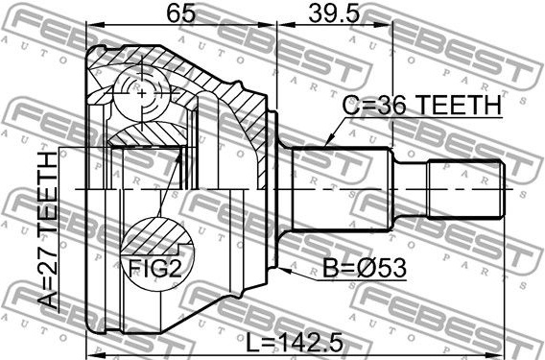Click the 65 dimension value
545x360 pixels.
pos(181,12)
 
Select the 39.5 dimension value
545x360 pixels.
pos(334,12)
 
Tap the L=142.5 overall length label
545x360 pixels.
pos(295,342)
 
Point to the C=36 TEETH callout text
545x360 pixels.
pos(422,106)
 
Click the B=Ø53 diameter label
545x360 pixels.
pos(365,269)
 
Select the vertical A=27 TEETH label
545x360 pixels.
pos(47,230)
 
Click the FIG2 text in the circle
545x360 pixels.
pos(155,269)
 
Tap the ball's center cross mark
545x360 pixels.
pos(142,93)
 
